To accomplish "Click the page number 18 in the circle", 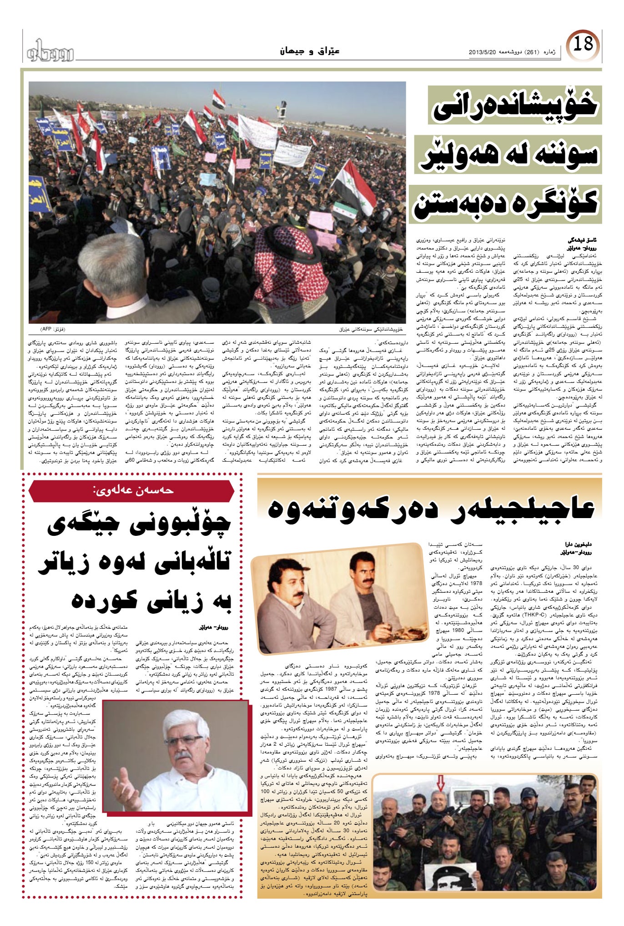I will [583, 44].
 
